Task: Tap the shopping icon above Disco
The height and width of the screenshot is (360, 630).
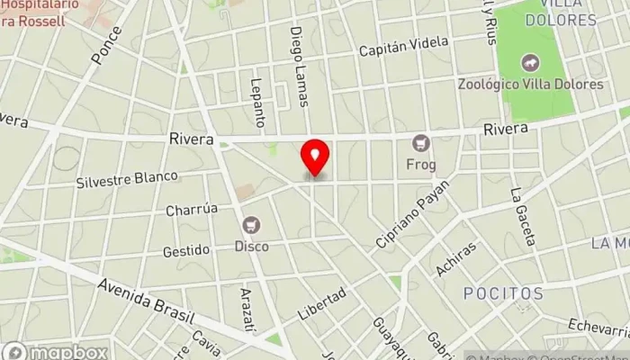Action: click(x=252, y=224)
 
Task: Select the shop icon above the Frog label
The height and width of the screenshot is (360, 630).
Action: click(x=420, y=142)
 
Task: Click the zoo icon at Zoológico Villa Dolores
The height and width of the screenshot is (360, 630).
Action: click(x=529, y=64)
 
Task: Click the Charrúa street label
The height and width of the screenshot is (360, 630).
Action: click(x=192, y=210)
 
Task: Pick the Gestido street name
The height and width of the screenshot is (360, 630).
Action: click(x=186, y=249)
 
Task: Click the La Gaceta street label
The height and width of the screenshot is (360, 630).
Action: click(x=522, y=216)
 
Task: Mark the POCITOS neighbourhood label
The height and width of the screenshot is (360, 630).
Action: click(x=504, y=293)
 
